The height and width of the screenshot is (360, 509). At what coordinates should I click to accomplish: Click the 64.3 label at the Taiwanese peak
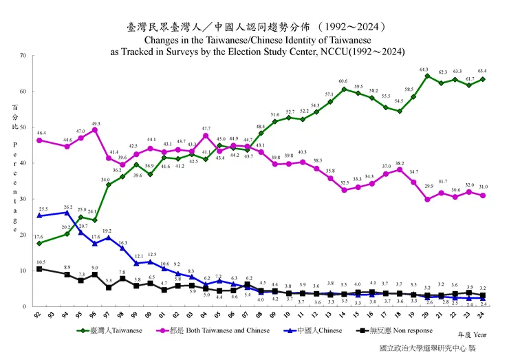pos(424,70)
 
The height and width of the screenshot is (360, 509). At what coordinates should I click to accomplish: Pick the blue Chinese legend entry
pos(318,330)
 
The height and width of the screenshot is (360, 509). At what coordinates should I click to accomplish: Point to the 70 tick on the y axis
pos(23,56)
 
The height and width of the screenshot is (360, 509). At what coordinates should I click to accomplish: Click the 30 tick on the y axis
pos(23,200)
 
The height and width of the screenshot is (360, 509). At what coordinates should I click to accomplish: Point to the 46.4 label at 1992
pos(41,133)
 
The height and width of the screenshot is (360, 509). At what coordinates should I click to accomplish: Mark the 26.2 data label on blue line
pos(67,207)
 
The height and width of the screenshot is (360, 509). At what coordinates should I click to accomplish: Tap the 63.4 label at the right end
pos(483,71)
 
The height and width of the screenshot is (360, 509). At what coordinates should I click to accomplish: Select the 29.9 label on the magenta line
pos(428,187)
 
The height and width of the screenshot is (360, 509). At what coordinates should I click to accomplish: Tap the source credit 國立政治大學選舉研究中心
pos(423,348)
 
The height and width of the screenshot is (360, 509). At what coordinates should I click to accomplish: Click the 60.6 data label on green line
pos(343,82)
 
